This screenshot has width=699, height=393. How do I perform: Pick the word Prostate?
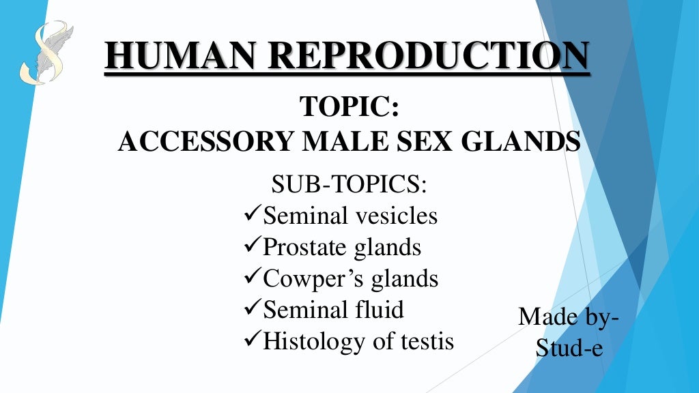[x=305, y=247]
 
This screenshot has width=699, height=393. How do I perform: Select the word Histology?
[x=315, y=340]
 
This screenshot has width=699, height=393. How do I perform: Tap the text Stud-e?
[x=569, y=348]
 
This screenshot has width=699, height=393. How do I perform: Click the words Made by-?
[x=569, y=317]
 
